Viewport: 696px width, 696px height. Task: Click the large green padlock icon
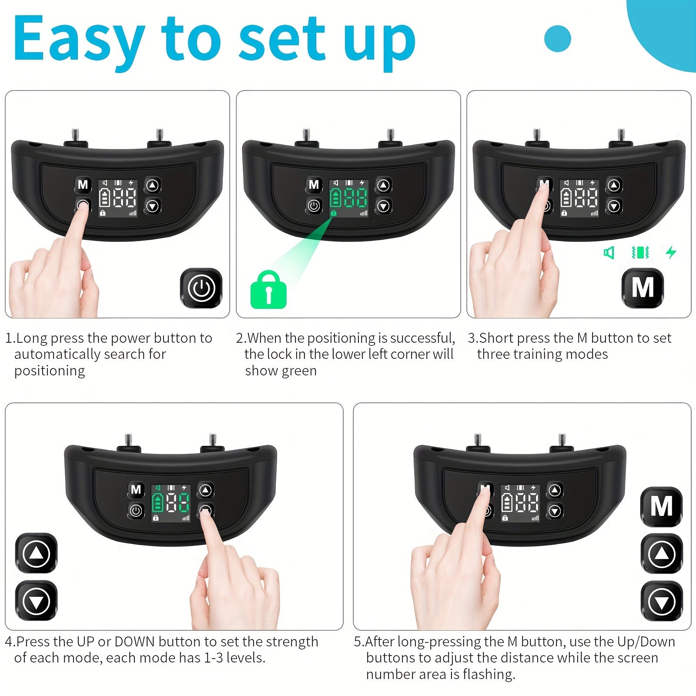268,290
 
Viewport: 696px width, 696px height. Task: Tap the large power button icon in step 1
201,288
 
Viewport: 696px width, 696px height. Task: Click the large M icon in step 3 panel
642,288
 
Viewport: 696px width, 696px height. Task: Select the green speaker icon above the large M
609,252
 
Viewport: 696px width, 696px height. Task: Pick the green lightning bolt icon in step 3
671,252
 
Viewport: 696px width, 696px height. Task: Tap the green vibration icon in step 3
640,252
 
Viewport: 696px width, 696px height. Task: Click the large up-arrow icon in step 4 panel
36,553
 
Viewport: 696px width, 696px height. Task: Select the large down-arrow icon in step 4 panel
36,601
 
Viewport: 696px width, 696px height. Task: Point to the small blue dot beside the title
558,39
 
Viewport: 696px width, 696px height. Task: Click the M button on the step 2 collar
314,185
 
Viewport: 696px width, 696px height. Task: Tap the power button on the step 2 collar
314,205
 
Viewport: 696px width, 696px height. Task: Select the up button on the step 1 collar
152,185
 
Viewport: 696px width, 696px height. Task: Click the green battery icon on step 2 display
335,198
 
